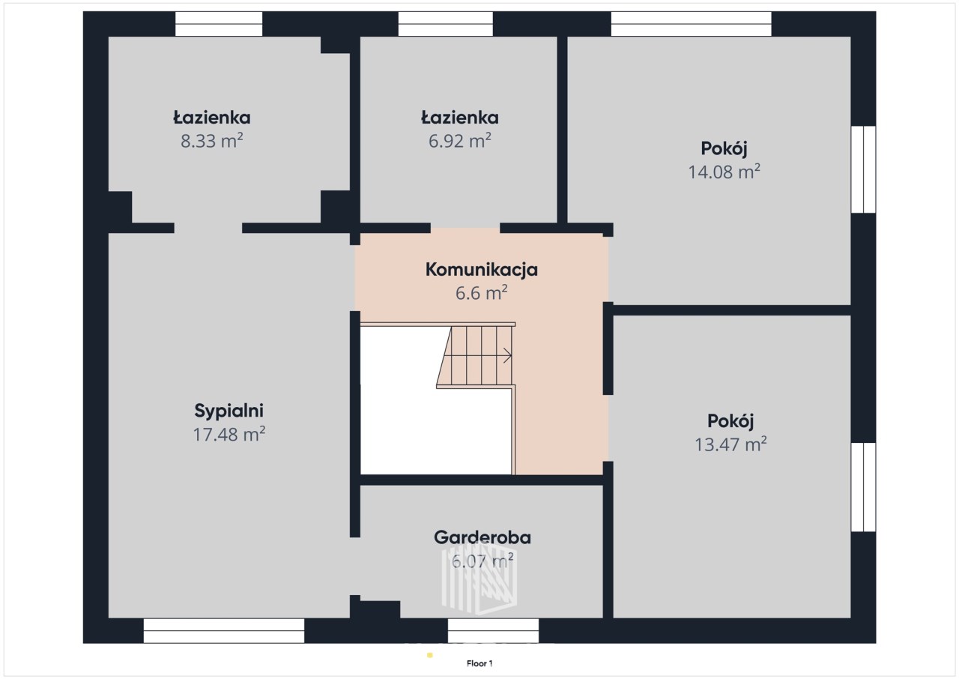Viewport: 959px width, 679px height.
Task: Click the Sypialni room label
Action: point(229,411)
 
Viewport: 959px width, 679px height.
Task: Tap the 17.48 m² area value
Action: point(229,434)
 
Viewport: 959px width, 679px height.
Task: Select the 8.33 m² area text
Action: point(212,141)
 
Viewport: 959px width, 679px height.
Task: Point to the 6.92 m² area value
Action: point(460,141)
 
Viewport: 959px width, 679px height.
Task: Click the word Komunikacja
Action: point(482,270)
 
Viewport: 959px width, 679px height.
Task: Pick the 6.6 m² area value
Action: point(482,293)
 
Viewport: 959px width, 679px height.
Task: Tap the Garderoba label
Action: point(482,537)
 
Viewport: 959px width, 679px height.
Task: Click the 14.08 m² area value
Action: point(724,172)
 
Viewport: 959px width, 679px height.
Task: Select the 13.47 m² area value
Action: point(730,444)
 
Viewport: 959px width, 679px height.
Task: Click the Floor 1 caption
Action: point(479,663)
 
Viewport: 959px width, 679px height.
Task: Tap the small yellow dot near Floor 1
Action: point(430,655)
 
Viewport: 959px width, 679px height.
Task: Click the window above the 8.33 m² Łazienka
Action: point(219,24)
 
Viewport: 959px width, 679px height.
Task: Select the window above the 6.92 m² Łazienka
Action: point(446,24)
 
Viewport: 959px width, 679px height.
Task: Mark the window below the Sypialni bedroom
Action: point(224,630)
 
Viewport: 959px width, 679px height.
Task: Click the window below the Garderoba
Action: point(493,630)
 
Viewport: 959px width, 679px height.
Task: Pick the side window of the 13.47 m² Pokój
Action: point(864,487)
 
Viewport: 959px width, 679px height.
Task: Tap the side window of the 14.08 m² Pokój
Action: point(864,169)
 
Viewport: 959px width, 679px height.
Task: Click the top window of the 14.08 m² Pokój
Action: point(691,24)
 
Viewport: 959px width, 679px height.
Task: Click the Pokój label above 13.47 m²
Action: point(730,421)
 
